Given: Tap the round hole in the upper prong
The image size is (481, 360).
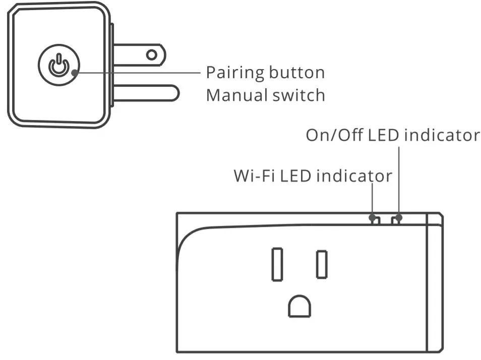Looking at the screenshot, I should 151,54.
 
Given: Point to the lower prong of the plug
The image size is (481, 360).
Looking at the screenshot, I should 146,93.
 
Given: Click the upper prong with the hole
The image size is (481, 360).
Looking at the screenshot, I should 136,54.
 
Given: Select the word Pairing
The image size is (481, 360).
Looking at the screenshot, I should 234,73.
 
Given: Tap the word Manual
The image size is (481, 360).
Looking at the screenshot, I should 235,95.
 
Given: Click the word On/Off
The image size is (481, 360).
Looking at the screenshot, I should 334,135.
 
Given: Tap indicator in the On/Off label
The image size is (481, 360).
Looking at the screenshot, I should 442,135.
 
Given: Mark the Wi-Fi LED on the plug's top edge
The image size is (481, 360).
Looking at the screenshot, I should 374,219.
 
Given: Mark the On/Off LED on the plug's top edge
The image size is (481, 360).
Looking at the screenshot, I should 398,219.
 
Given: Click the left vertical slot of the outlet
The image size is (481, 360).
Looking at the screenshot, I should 277,264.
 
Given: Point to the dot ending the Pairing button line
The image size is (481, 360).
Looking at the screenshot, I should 75,72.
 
